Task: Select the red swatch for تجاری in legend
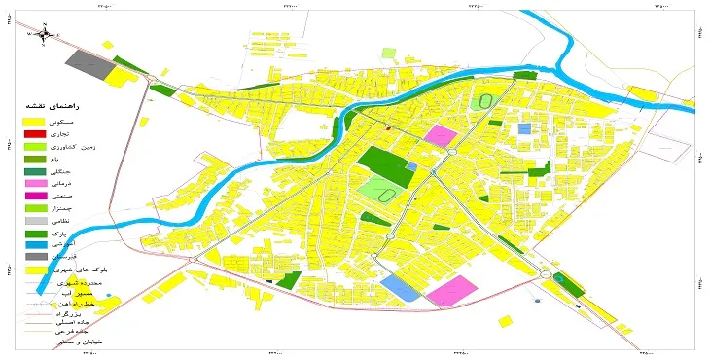click(x=35, y=132)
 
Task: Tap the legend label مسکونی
click(x=75, y=120)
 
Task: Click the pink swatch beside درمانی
click(x=35, y=182)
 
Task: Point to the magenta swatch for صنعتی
click(x=35, y=196)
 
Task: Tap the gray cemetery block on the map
click(x=88, y=64)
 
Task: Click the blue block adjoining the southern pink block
click(x=399, y=287)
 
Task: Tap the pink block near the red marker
click(x=443, y=136)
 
